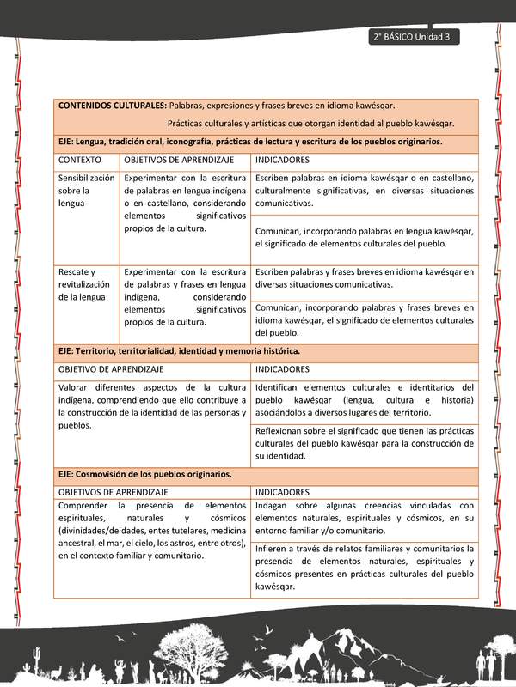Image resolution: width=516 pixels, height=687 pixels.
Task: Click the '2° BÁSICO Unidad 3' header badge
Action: point(414,37)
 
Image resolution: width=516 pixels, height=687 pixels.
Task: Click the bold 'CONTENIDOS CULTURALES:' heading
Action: point(112,106)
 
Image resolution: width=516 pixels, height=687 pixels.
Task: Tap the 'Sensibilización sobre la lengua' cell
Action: point(86,191)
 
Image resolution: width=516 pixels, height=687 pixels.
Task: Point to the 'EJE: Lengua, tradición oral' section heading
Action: point(249,141)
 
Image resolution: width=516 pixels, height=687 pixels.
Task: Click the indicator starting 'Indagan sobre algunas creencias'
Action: point(364,519)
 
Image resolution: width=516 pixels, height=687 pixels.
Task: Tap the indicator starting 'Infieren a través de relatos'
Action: point(364,567)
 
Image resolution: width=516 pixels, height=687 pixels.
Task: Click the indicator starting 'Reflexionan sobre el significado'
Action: point(364,443)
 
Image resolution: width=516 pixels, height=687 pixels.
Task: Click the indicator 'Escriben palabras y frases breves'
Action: point(364,277)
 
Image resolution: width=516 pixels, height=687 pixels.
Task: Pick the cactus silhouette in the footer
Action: point(36,662)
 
